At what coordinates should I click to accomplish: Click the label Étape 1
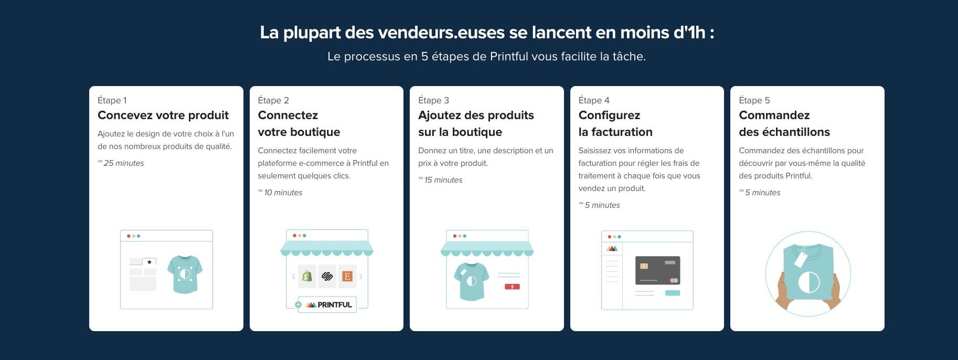[x=112, y=100]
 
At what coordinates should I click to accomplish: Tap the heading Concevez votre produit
[x=163, y=115]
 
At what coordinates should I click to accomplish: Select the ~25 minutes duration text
[x=121, y=163]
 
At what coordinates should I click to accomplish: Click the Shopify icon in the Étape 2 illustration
[x=307, y=276]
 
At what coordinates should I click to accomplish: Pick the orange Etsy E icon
[x=347, y=276]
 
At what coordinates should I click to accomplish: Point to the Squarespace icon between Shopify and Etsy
[x=327, y=276]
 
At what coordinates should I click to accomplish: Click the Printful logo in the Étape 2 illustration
[x=329, y=305]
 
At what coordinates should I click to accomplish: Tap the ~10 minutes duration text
[x=281, y=193]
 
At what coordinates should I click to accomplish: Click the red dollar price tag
[x=512, y=287]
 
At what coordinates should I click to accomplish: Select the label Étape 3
[x=433, y=100]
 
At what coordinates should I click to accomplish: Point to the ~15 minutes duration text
[x=441, y=180]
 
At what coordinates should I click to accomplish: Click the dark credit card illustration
[x=657, y=270]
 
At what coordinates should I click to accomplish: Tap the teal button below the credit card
[x=672, y=293]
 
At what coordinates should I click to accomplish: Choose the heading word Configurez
[x=609, y=115]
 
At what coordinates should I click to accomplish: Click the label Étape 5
[x=754, y=100]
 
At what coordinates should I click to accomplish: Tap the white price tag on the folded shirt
[x=801, y=259]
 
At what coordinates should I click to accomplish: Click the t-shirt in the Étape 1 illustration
[x=185, y=274]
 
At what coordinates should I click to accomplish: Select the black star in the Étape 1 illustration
[x=150, y=261]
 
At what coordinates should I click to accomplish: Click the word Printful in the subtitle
[x=508, y=57]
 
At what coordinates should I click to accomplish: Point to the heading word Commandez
[x=774, y=115]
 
